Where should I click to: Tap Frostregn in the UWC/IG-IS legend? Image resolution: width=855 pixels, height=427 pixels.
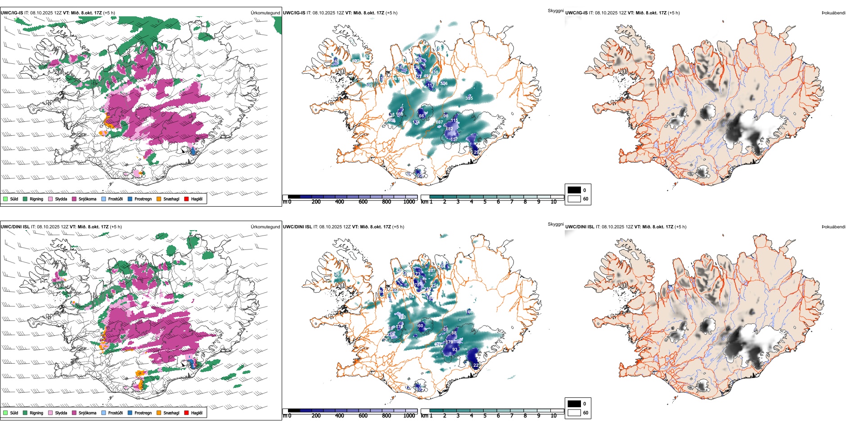[x=143, y=199]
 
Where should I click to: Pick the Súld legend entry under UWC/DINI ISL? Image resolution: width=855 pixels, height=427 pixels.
[x=14, y=413]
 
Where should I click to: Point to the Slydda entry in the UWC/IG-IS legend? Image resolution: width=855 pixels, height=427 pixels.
[x=61, y=199]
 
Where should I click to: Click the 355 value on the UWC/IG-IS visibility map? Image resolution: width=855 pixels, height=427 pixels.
[x=469, y=98]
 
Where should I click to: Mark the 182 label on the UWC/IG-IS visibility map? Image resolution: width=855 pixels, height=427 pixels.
[x=449, y=129]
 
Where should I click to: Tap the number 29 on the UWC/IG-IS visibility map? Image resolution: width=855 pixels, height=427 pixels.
[x=476, y=152]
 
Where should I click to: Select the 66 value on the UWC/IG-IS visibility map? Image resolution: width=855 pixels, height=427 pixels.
[x=421, y=116]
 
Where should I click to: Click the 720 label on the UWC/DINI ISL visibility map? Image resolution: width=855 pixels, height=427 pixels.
[x=402, y=317]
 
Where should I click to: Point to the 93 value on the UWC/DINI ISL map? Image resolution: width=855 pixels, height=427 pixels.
[x=454, y=350]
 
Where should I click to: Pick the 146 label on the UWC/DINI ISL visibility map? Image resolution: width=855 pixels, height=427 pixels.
[x=469, y=312]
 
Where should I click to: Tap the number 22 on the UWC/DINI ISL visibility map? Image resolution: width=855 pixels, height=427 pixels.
[x=476, y=365]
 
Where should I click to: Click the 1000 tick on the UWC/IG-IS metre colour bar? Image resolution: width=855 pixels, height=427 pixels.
[x=409, y=202]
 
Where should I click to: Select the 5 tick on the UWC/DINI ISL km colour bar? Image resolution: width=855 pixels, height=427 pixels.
[x=485, y=416]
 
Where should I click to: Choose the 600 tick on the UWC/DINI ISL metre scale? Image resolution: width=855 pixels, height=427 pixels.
[x=363, y=416]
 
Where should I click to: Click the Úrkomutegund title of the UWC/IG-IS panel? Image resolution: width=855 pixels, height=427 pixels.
[x=265, y=13]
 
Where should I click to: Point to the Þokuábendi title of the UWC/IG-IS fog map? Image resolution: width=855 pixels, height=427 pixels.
[x=833, y=13]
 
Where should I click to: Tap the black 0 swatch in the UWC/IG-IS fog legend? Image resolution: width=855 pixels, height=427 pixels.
[x=574, y=190]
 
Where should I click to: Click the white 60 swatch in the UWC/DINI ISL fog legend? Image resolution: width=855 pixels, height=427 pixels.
[x=574, y=413]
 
